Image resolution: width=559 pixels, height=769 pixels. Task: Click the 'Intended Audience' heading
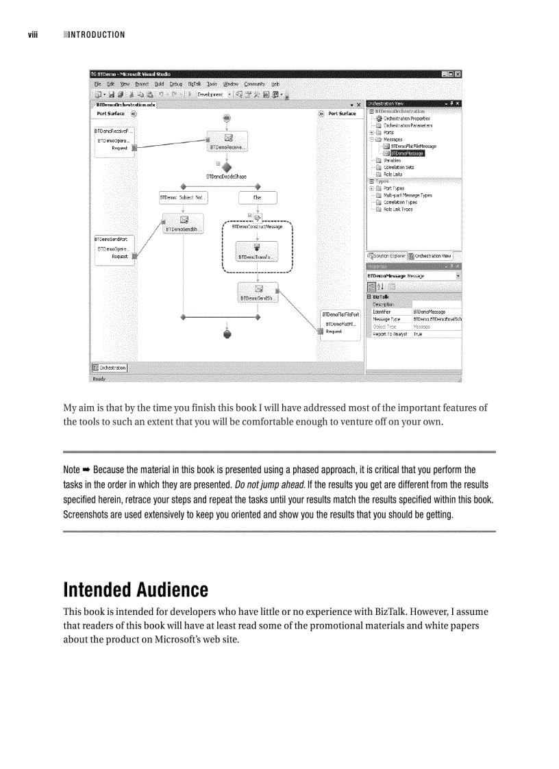(136, 590)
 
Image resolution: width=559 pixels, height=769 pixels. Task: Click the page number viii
(32, 35)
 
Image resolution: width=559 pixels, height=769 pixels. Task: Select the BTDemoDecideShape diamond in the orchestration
(227, 166)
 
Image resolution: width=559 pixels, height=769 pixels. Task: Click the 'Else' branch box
(258, 198)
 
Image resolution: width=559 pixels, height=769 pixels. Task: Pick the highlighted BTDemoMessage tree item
(407, 153)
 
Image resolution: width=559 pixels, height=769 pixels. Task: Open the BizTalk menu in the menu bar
(194, 84)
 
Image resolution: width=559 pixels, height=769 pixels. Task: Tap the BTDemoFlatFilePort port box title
(340, 314)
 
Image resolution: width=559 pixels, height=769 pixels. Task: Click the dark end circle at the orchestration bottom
(227, 334)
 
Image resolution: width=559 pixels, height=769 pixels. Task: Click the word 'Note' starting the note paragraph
(71, 470)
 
